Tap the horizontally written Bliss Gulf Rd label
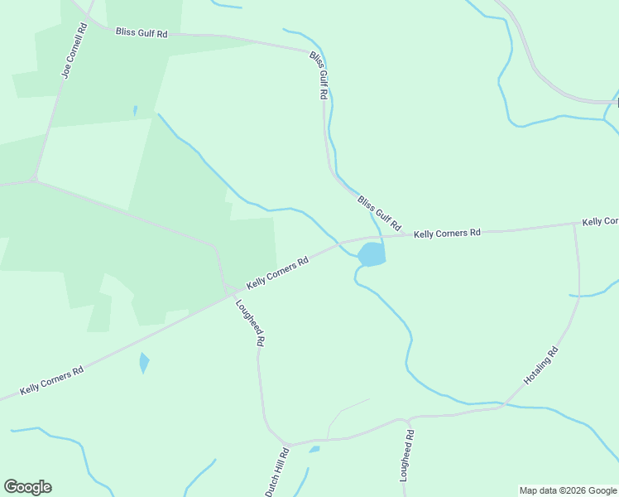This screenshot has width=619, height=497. pos(142,33)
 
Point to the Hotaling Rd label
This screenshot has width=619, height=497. pos(541,365)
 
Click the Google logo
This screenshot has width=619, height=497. pos(27,487)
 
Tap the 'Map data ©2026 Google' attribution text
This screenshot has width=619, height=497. pos(568,490)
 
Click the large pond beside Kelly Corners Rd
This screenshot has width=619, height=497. pos(372,254)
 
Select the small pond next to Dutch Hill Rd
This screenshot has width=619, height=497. pos(314,450)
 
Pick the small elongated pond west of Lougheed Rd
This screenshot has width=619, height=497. pos(144,362)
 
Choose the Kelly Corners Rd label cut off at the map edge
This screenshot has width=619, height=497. pos(600,221)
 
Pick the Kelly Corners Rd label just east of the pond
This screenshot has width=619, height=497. pos(447,234)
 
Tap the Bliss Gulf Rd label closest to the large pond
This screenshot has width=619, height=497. pos(379,213)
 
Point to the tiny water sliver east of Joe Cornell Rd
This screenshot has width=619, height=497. pos(135,109)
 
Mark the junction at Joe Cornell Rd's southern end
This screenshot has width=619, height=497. pos(33,178)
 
